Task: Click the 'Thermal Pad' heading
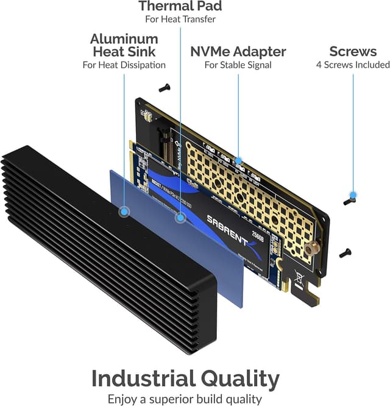point(180,7)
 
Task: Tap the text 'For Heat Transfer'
point(180,19)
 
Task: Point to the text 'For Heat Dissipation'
point(124,65)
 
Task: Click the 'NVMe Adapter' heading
point(238,52)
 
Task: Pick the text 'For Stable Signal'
point(238,65)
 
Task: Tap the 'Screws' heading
point(352,52)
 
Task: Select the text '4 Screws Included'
point(352,65)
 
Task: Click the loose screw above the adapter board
point(164,88)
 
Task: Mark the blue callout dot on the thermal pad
point(180,217)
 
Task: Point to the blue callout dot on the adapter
point(238,161)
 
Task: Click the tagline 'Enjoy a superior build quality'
point(185,399)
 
